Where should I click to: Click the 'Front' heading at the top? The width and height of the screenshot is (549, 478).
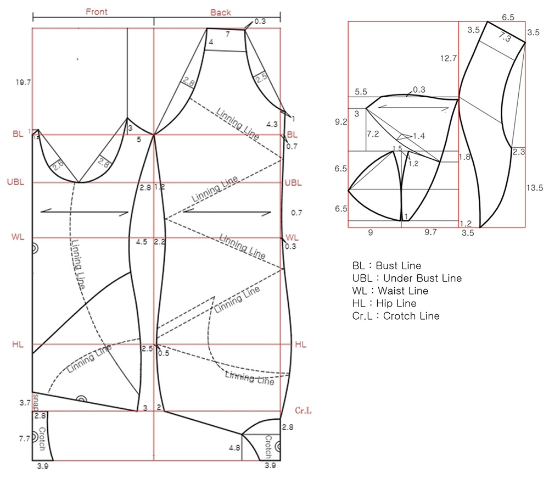pos(97,12)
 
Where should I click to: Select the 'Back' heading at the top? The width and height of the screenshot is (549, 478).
pos(221,12)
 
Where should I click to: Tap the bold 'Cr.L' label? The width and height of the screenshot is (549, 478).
pos(304,410)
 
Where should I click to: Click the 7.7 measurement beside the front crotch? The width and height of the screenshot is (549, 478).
pos(25,439)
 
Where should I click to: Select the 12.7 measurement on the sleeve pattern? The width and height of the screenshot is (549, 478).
pos(448,57)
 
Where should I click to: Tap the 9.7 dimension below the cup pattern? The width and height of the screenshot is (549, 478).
pos(430,232)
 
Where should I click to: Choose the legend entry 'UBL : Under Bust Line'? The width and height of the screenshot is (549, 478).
pos(407,278)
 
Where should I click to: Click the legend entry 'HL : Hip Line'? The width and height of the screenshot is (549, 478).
pos(384,303)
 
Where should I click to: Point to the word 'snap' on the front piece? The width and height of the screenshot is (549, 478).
pos(36,401)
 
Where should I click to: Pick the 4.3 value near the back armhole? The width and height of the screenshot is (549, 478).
pos(271,124)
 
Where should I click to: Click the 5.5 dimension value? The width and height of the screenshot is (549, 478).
pos(361,92)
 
